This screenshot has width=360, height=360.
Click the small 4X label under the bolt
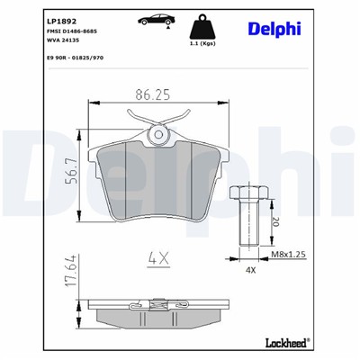click(x=252, y=269)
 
